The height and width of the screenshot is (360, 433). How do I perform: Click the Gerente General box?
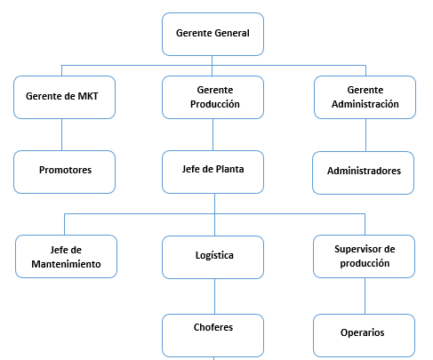point(212,34)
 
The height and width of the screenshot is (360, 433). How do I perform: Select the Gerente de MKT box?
point(64,97)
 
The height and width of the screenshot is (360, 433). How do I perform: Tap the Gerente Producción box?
point(212,97)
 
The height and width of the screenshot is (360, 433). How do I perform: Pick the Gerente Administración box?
point(365,97)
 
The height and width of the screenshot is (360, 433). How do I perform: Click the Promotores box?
point(64,172)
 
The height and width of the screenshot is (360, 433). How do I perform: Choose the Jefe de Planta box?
point(212,172)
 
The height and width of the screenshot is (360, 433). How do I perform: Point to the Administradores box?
point(363,172)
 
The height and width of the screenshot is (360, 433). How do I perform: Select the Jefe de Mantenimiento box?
point(66,256)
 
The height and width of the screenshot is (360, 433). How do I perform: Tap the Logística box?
point(212,257)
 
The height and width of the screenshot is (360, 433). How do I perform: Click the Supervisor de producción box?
point(364,256)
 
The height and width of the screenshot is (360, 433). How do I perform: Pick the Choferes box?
point(212,335)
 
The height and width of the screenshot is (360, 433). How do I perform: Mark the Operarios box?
point(364,335)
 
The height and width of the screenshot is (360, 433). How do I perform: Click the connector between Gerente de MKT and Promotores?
point(61,134)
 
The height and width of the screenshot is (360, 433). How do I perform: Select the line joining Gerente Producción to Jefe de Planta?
point(212,134)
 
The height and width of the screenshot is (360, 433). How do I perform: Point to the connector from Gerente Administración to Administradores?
point(365,135)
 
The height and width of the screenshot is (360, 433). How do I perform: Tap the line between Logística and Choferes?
point(214,296)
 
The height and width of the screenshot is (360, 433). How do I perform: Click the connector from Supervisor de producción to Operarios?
point(365,296)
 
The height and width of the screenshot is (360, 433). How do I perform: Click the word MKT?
point(88,96)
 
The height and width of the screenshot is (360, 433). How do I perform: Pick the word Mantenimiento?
point(66,264)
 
